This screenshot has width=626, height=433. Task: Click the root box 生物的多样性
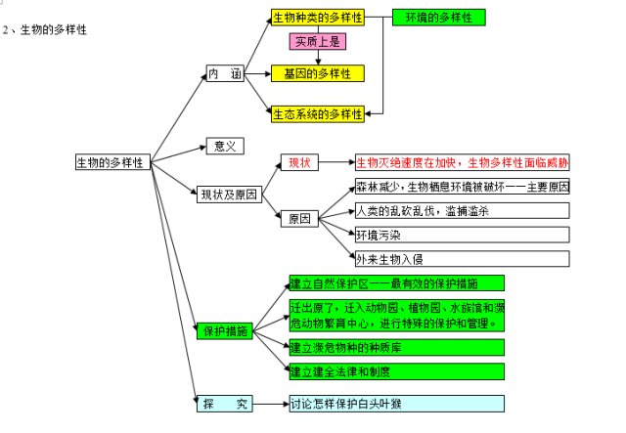click(x=112, y=163)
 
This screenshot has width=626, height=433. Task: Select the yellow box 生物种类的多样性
click(x=317, y=18)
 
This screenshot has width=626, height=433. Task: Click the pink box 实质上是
click(x=316, y=42)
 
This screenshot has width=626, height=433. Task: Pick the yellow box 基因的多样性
click(x=317, y=73)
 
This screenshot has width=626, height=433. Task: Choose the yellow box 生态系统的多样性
click(x=317, y=113)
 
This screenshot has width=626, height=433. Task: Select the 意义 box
click(x=224, y=146)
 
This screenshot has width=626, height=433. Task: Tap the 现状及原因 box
click(x=228, y=194)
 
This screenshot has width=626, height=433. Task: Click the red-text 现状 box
click(x=297, y=162)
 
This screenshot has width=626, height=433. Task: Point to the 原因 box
click(x=298, y=219)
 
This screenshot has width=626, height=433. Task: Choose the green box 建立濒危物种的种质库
click(x=396, y=347)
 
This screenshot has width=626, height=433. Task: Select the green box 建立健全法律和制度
click(x=396, y=371)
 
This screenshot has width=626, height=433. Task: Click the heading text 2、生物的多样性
click(x=45, y=30)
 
